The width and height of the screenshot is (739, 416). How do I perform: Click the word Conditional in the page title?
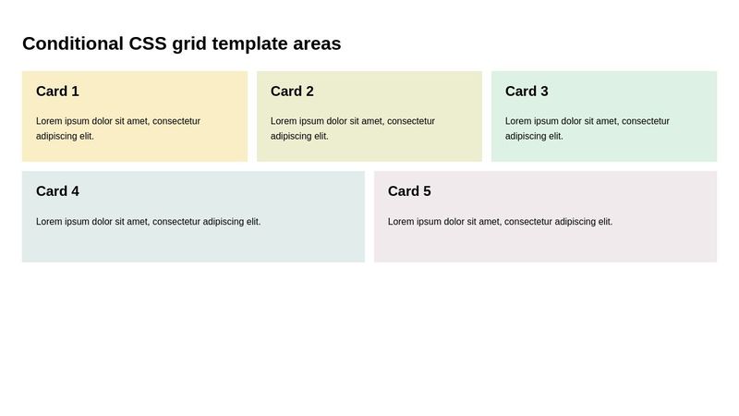tap(73, 43)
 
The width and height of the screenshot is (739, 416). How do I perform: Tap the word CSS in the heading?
tap(148, 43)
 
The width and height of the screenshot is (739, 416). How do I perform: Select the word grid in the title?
tap(189, 43)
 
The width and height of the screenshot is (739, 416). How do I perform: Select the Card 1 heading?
tap(57, 92)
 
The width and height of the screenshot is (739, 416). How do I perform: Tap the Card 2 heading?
tap(292, 92)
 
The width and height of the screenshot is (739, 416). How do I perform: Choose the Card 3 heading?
tap(527, 92)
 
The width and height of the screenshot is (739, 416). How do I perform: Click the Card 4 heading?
tap(57, 191)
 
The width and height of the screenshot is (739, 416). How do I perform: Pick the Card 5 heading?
tap(409, 191)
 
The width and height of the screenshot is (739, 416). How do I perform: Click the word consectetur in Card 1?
tap(176, 121)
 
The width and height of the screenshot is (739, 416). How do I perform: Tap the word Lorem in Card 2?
tap(284, 121)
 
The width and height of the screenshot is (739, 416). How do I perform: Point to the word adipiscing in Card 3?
tap(527, 136)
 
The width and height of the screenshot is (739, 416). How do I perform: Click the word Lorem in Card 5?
tap(401, 222)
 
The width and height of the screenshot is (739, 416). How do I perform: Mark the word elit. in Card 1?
tap(86, 136)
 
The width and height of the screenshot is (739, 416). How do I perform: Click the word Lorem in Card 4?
tap(49, 222)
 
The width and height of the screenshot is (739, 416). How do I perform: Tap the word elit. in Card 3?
tap(555, 136)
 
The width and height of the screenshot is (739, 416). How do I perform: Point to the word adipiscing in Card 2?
tap(292, 136)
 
